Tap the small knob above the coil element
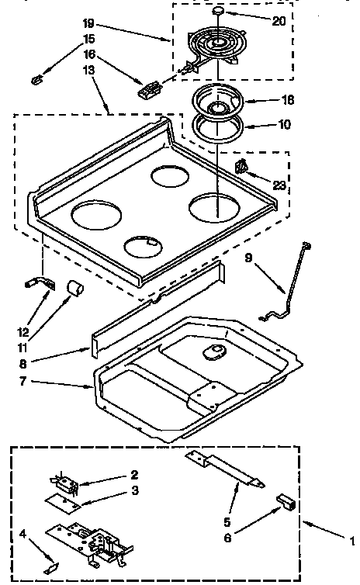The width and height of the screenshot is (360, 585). pos(218,12)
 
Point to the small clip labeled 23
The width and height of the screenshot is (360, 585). pos(242,165)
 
